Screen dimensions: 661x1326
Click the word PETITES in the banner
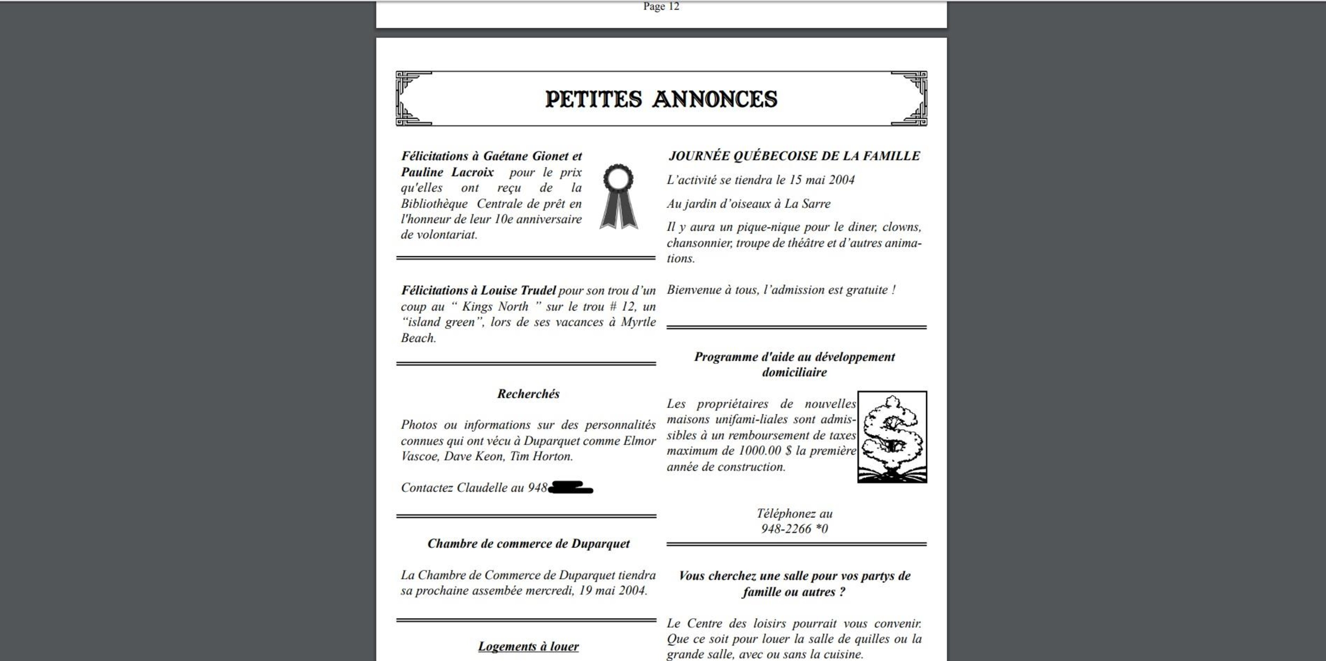[594, 99]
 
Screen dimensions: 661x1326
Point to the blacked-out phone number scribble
[570, 487]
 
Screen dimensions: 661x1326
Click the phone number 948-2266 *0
[794, 529]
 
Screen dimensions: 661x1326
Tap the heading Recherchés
[528, 394]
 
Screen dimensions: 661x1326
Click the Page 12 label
[661, 7]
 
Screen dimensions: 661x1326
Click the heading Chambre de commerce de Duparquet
[528, 543]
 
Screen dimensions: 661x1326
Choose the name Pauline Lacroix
[447, 172]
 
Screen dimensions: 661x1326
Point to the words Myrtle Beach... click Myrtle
[638, 322]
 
